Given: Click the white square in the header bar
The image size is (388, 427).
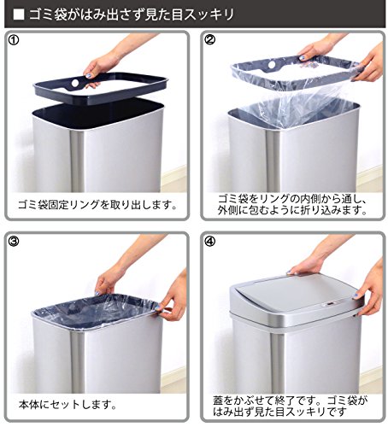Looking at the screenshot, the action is tap(19, 15).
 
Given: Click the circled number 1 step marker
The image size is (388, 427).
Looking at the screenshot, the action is tap(14, 40).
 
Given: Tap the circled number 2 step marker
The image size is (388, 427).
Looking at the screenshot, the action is tap(210, 40).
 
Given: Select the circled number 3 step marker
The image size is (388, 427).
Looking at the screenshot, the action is tap(14, 242).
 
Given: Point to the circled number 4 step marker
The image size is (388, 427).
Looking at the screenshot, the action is tap(210, 242).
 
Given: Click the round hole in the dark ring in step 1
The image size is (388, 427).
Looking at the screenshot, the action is tap(75, 83).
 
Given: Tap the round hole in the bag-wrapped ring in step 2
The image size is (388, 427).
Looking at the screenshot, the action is tap(272, 65).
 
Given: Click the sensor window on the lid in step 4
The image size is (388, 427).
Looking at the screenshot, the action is tap(330, 304).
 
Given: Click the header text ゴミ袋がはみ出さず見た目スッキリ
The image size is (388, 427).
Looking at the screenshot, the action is tap(131, 15).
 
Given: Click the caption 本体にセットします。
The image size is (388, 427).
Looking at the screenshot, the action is tap(68, 405).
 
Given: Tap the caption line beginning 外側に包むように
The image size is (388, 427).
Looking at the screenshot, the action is tap(292, 210).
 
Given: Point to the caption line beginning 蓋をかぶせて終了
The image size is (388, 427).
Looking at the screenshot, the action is tap(291, 401).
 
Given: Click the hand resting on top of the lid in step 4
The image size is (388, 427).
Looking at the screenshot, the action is tap(306, 266).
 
